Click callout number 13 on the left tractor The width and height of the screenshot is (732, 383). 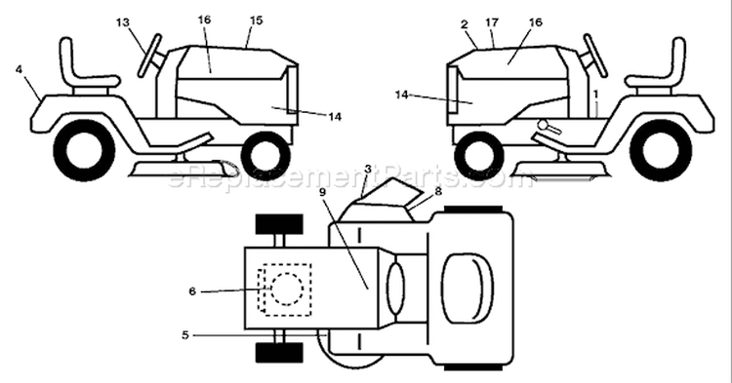[x=123, y=22]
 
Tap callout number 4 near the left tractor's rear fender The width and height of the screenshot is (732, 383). [x=19, y=70]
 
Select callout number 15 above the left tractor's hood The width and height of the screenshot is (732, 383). [x=256, y=20]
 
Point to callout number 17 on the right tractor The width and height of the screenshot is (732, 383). [x=492, y=22]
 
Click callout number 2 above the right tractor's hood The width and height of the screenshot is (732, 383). [x=464, y=24]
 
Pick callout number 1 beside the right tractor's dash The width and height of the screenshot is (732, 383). [x=595, y=95]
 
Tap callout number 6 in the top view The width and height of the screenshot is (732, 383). [x=192, y=291]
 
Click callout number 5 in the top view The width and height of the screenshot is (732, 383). [x=185, y=335]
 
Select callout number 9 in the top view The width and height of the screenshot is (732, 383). [x=322, y=191]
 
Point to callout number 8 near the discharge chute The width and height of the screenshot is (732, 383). [x=437, y=191]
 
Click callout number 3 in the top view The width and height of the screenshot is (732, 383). [x=368, y=170]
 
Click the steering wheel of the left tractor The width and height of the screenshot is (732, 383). [x=150, y=56]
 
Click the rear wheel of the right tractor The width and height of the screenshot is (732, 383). [x=660, y=149]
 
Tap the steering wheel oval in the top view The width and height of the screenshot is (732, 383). [x=396, y=288]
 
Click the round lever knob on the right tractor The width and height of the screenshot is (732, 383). [x=543, y=126]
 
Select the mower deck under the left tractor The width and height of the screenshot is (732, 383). [x=183, y=170]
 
